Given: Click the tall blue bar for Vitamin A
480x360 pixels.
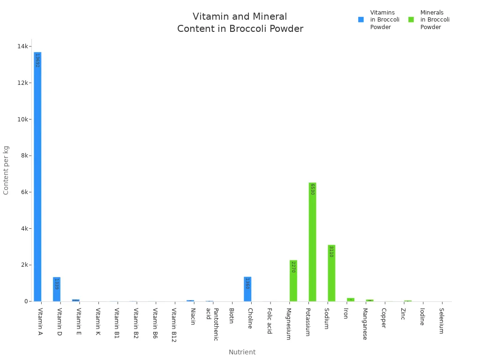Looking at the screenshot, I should pos(37,178).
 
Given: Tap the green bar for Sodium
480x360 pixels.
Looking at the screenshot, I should pos(331,274).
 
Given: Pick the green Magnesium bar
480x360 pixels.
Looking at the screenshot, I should pos(293,281).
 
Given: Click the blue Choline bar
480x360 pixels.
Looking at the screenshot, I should pos(247,290).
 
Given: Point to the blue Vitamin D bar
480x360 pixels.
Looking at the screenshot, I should pos(57,290).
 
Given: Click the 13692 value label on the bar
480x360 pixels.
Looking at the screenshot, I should pos(37,60).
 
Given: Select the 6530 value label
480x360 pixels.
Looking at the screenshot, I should pos(312,189).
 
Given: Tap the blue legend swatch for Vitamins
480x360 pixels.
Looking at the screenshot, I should pos(361,20).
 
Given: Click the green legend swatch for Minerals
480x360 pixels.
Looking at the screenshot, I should pos(411,20).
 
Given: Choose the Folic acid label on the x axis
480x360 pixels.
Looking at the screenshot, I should pos(270,321).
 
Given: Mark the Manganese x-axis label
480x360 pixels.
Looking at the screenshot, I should pos(365,323).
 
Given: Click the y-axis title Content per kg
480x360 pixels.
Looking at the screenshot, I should pos(6,170).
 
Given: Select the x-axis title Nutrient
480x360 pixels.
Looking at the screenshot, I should pos(242,352).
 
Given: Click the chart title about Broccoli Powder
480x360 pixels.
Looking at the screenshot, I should pos(240,22).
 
